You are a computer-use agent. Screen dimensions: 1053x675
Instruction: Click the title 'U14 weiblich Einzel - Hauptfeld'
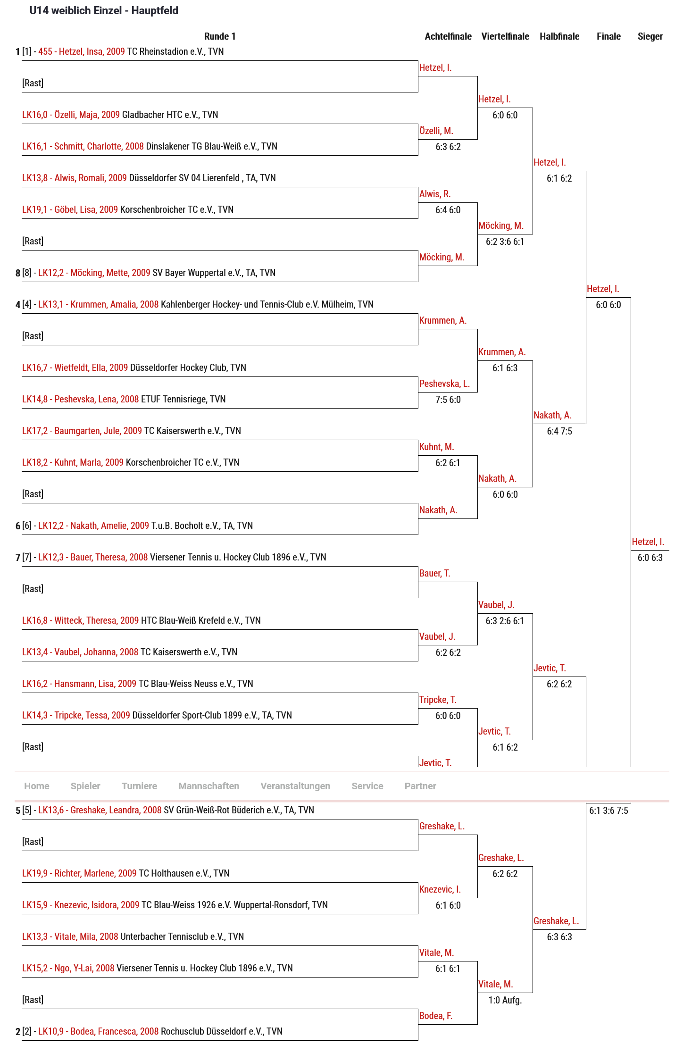(104, 10)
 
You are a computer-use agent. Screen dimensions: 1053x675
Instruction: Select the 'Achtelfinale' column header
(448, 36)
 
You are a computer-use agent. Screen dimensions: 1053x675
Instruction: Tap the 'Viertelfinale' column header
(505, 36)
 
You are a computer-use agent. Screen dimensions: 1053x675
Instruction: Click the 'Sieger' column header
(650, 36)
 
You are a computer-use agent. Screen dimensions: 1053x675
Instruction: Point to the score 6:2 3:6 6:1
(505, 242)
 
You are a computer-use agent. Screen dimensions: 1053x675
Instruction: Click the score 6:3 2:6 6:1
(505, 621)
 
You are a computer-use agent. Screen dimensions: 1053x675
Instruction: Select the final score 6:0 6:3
(650, 558)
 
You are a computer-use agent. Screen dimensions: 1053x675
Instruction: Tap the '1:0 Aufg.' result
(505, 1000)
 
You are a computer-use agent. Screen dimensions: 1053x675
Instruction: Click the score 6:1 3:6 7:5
(608, 811)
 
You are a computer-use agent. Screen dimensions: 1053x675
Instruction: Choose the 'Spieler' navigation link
(85, 786)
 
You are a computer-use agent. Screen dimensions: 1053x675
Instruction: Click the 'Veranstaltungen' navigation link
(295, 786)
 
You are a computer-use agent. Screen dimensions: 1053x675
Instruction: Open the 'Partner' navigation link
(420, 786)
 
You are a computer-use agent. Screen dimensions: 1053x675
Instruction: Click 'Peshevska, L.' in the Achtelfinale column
(444, 384)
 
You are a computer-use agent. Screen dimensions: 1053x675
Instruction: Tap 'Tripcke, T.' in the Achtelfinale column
(438, 700)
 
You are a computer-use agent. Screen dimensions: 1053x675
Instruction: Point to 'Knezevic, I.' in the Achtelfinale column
(440, 889)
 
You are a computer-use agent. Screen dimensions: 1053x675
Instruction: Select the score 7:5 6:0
(448, 400)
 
